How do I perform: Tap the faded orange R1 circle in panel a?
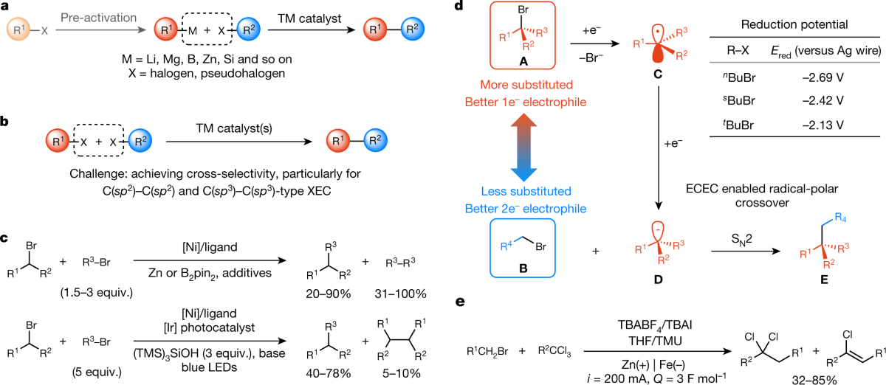(x=19, y=31)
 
